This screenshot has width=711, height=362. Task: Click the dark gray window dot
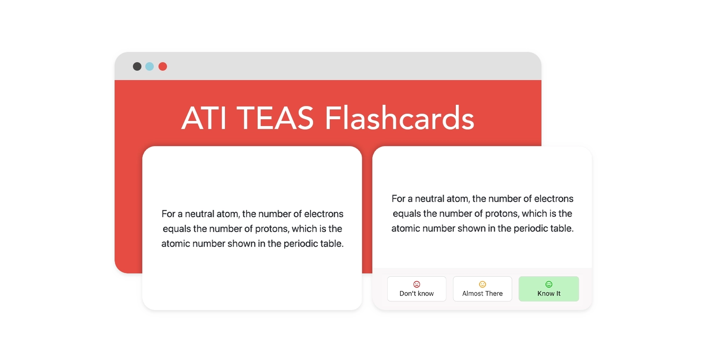coord(137,66)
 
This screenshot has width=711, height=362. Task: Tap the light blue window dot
coord(150,66)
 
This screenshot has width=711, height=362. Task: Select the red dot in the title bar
coord(163,66)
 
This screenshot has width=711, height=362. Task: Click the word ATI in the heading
coord(204,118)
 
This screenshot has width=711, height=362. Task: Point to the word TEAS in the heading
coord(275,118)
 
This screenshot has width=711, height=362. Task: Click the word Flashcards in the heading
coord(399,118)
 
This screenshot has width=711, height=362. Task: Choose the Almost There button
coord(482,289)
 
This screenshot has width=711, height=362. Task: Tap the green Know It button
coord(549,289)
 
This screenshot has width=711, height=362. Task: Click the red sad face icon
coord(417,284)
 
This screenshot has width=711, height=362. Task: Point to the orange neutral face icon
coord(482,284)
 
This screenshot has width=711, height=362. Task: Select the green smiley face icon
coord(549,284)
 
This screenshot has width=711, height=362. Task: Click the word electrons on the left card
coord(324,214)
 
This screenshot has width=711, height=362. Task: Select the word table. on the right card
coord(561,229)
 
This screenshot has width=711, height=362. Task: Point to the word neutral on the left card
coord(199,214)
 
